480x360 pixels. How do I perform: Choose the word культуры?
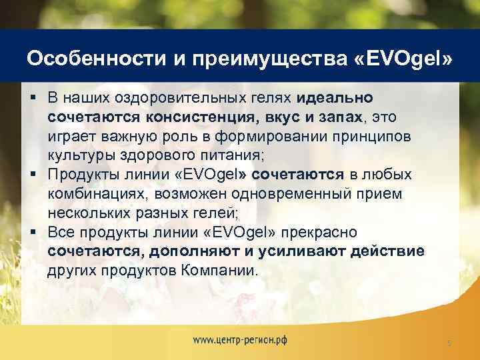(77, 155)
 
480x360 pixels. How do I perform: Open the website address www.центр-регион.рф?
(241, 339)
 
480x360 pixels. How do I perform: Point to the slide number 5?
(449, 343)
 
